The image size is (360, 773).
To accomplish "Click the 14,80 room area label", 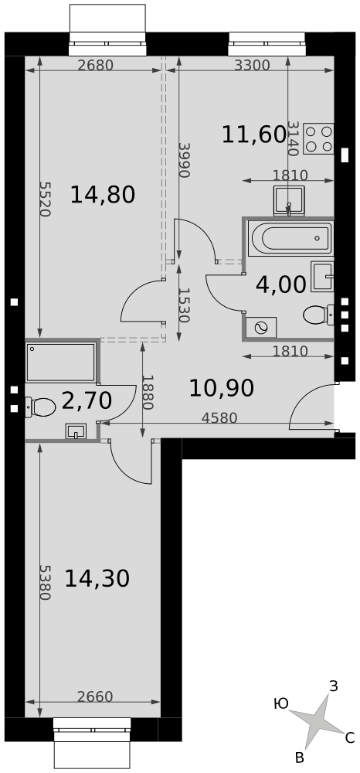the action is [x=103, y=195].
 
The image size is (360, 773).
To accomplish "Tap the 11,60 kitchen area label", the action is [x=254, y=135].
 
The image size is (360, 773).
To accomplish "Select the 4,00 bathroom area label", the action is [x=280, y=285].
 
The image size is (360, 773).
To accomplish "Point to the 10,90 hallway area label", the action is [x=222, y=389].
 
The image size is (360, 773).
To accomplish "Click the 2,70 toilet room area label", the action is [x=87, y=400].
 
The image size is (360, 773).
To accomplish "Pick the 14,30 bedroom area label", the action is [x=97, y=578].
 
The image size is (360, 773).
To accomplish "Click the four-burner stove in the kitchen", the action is [x=318, y=139].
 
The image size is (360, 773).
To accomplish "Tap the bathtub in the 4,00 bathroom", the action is [x=290, y=239].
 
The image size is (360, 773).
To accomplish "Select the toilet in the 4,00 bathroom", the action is [x=318, y=315].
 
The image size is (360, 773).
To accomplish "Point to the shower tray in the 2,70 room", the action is [x=60, y=363].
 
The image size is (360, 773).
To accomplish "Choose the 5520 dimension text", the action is [x=44, y=199].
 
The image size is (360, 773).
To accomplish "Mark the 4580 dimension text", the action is [x=219, y=418].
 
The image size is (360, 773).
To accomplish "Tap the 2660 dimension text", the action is [x=95, y=696].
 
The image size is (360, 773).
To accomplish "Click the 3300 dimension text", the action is [x=252, y=65].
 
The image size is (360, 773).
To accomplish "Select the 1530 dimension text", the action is [x=184, y=305].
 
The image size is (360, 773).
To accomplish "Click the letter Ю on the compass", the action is [x=280, y=704].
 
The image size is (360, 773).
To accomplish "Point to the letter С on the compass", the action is [x=350, y=738].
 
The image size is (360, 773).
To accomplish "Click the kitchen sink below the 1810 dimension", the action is [x=289, y=201].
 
